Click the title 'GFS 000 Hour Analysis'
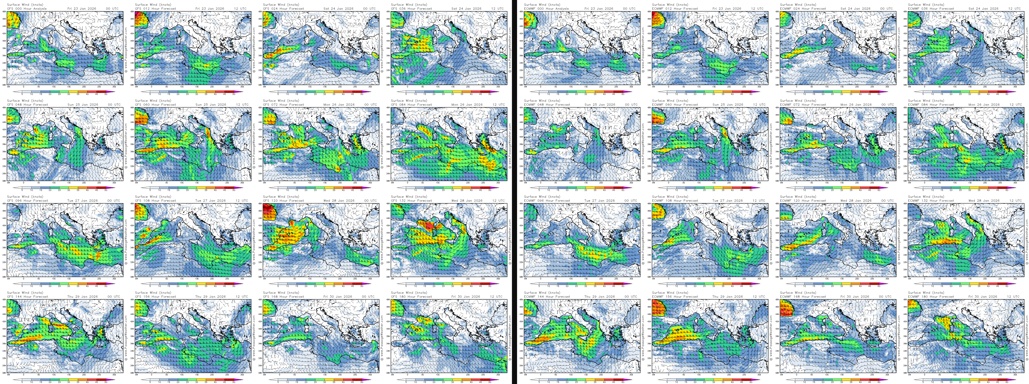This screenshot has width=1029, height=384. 27,8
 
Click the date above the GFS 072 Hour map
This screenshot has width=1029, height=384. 339,105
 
